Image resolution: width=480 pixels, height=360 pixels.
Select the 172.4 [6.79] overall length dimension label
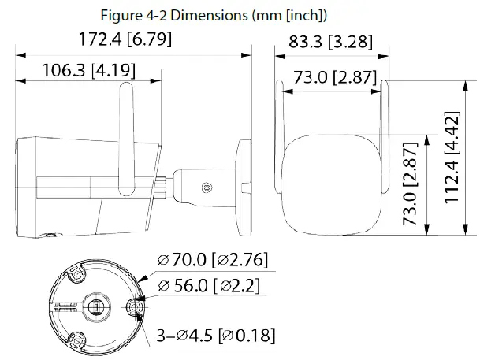coord(126,39)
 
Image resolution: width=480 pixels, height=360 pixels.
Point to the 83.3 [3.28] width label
coord(330,41)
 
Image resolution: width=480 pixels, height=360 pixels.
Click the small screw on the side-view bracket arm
coord(207,187)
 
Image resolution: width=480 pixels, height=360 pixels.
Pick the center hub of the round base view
coord(95,306)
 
